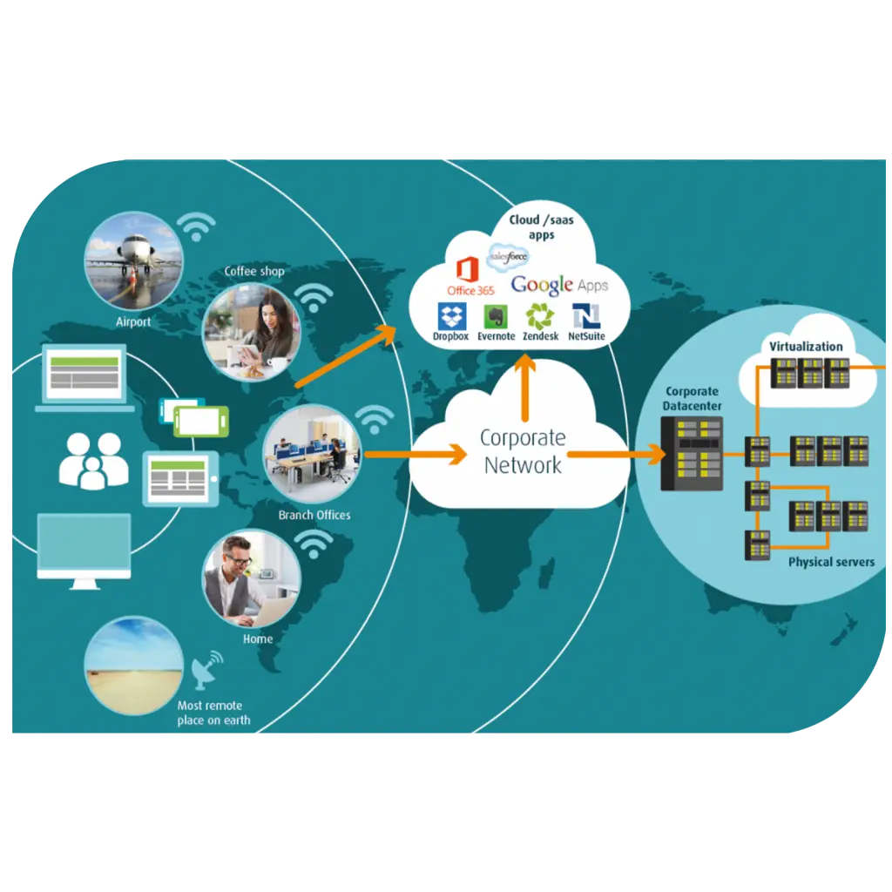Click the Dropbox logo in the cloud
click(452, 315)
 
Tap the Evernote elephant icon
click(496, 316)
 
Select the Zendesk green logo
click(539, 315)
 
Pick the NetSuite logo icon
click(586, 315)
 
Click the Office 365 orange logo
click(468, 269)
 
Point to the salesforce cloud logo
click(508, 256)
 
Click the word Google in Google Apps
click(542, 285)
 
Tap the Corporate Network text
click(523, 451)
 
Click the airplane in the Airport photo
click(134, 250)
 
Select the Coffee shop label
click(254, 271)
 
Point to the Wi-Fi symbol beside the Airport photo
click(196, 226)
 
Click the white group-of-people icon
click(93, 461)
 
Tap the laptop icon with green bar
click(84, 377)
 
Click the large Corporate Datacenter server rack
click(692, 453)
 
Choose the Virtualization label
click(806, 347)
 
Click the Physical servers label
click(831, 562)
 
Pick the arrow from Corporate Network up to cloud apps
click(525, 388)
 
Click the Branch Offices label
click(314, 515)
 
